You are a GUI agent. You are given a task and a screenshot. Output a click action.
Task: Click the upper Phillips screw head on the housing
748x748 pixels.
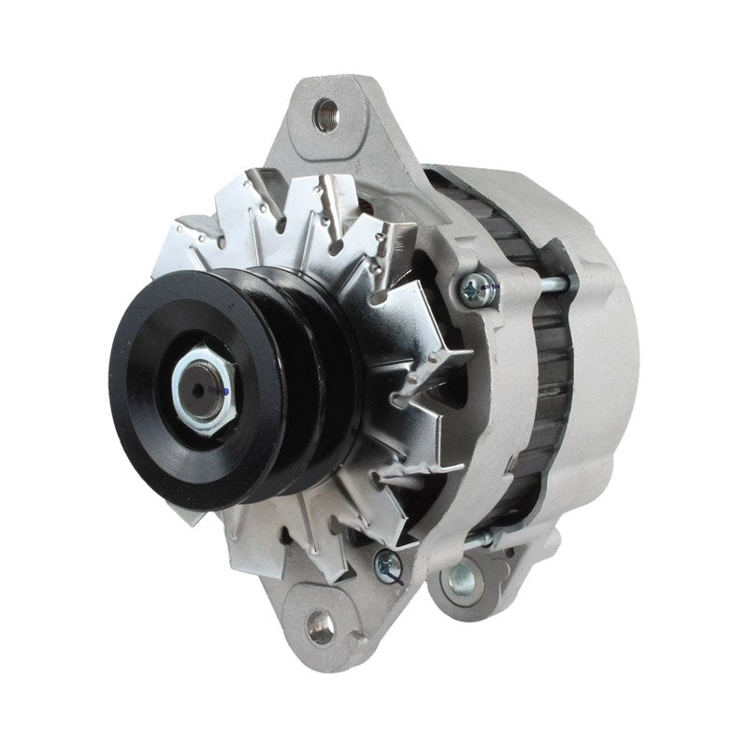point(478,288)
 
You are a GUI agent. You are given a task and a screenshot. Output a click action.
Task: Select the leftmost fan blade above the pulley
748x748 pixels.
point(196,234)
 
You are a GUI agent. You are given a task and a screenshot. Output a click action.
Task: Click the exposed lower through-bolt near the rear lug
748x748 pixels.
point(486,539)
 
